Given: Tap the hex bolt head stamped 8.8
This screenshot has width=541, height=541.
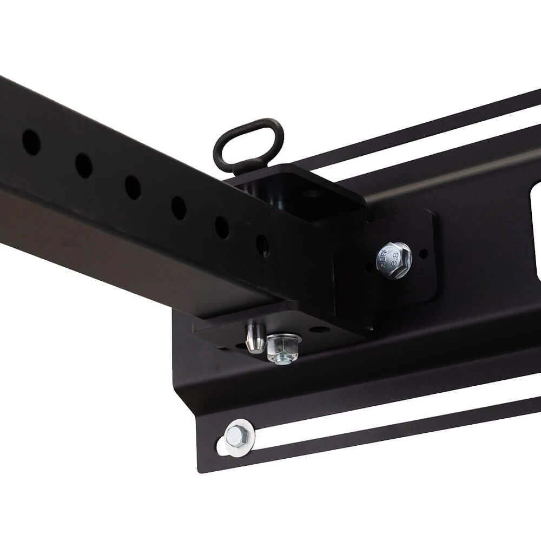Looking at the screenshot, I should (x=394, y=260).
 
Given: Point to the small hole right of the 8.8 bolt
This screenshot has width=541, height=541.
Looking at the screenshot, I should (x=424, y=253).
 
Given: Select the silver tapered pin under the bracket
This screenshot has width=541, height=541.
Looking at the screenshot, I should (x=254, y=338).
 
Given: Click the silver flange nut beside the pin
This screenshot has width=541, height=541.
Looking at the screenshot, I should (x=283, y=348).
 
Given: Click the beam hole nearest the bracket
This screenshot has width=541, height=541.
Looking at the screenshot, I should (x=263, y=245).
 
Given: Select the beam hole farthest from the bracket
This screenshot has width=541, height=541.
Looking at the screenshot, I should (x=31, y=142).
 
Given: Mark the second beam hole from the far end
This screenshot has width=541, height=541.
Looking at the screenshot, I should (x=83, y=165).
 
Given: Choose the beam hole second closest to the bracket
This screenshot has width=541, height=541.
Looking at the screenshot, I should (x=221, y=227).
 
